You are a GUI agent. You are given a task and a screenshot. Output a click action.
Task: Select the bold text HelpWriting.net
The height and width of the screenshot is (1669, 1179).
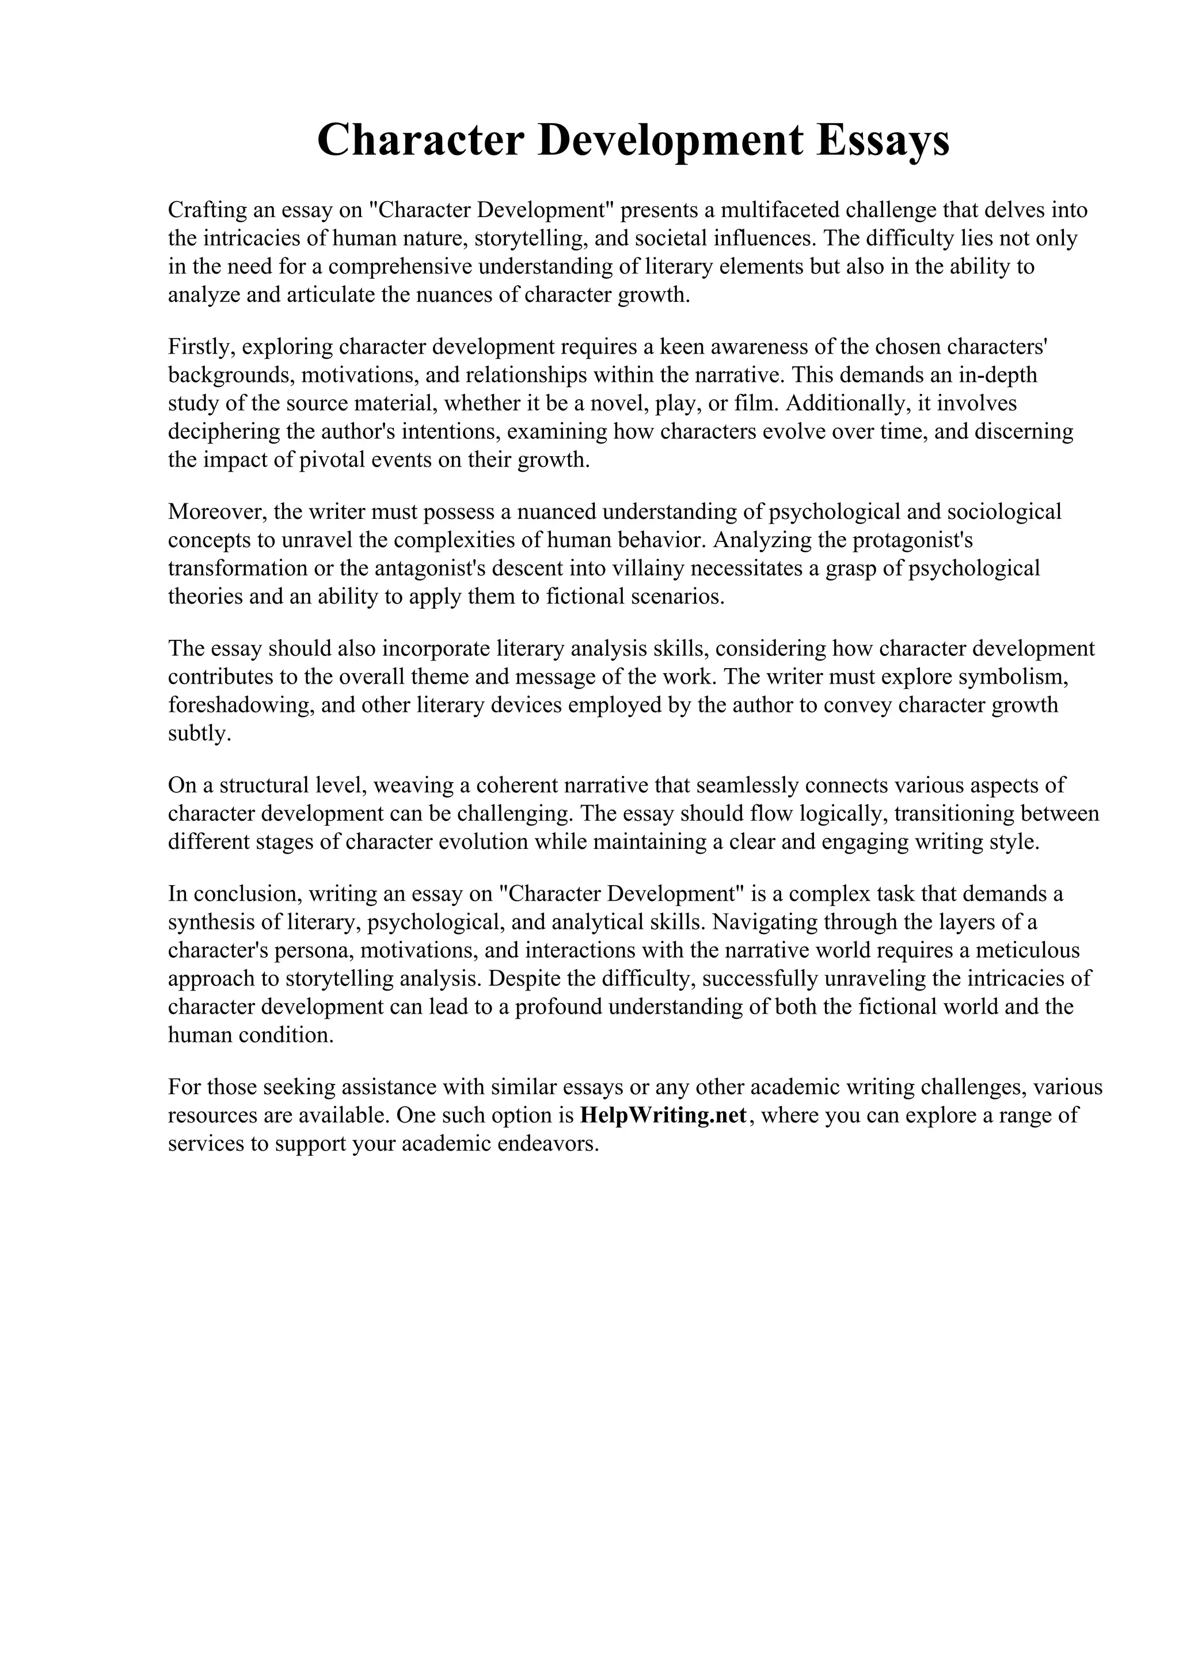pyautogui.click(x=664, y=1115)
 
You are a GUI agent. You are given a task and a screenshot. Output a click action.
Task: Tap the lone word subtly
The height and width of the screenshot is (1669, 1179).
pyautogui.click(x=199, y=734)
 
